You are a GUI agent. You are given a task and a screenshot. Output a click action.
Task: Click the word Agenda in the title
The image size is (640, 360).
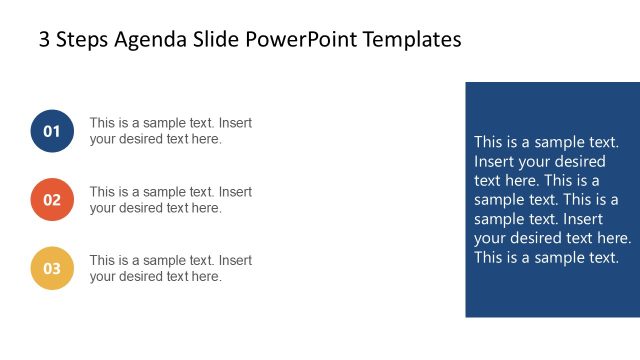(x=146, y=40)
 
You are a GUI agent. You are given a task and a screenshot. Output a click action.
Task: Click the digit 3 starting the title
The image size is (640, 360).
(x=44, y=40)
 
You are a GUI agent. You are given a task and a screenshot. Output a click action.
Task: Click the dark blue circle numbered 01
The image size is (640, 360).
(x=52, y=131)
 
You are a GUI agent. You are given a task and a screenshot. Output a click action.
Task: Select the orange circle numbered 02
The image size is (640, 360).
(x=52, y=199)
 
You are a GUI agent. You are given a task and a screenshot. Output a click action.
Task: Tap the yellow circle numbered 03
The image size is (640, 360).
(x=52, y=267)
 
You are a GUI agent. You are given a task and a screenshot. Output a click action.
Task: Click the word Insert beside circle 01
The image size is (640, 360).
(x=236, y=123)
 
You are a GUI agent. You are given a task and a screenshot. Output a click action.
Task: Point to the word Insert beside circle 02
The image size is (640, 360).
(x=236, y=191)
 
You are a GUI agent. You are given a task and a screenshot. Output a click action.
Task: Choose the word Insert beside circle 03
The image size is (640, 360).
(x=236, y=260)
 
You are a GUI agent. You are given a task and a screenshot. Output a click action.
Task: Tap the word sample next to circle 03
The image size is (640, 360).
(x=165, y=260)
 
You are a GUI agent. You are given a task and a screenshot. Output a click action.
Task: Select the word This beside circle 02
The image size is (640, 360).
(x=103, y=191)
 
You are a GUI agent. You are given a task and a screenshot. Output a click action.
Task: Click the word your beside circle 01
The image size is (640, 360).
(x=103, y=140)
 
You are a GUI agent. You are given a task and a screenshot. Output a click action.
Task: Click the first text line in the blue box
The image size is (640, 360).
(x=547, y=142)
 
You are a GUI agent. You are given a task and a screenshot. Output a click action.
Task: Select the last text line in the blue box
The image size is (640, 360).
(x=547, y=257)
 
